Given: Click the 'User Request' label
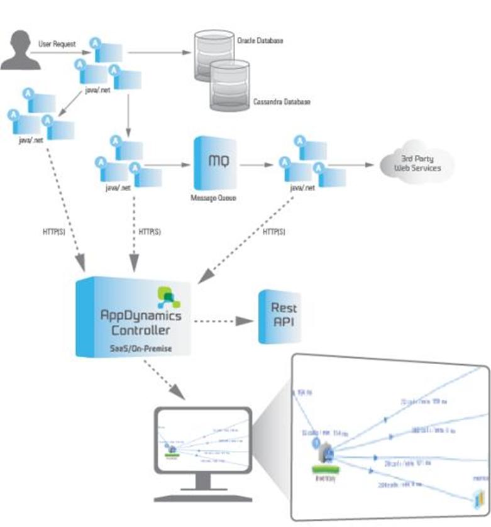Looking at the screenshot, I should tap(57, 43).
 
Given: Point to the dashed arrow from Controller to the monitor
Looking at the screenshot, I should tap(165, 380).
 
